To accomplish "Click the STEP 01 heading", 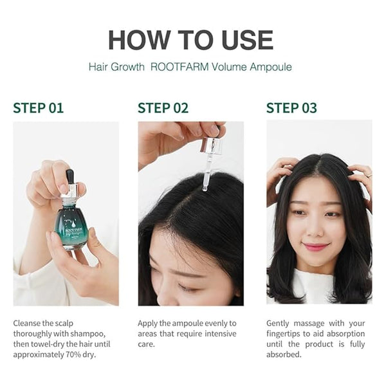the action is [x=39, y=108].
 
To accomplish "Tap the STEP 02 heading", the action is [x=163, y=108].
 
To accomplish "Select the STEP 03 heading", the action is [x=291, y=108].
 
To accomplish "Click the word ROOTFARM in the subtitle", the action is [x=179, y=67].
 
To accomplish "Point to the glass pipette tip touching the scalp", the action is [x=205, y=188].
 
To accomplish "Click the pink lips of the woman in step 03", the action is [x=316, y=246].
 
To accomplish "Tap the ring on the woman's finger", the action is [x=369, y=175].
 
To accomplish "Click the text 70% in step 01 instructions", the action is [x=73, y=354].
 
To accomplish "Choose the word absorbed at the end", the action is [x=284, y=354].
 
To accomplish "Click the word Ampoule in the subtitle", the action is [x=271, y=67].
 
